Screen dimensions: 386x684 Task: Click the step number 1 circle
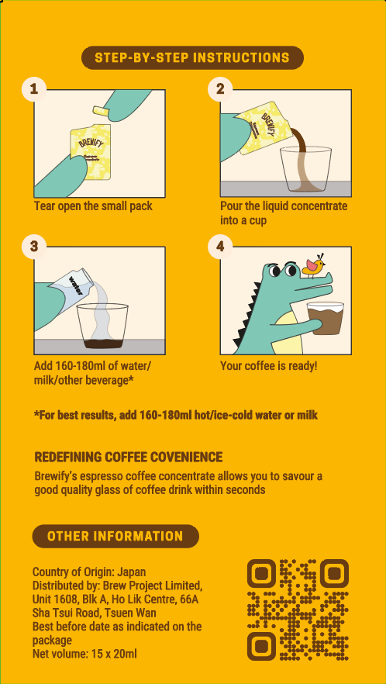34,89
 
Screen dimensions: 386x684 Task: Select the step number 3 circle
34,247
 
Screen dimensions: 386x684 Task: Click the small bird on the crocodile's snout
314,264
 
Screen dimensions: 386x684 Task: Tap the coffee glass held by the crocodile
326,319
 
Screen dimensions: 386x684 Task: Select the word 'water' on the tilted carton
75,285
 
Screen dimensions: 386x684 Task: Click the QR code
298,610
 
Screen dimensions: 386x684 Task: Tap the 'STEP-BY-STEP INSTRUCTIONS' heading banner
192,57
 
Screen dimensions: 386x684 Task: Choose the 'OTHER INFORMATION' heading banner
115,536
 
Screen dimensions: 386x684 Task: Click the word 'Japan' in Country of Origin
132,572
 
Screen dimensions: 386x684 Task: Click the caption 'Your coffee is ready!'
269,365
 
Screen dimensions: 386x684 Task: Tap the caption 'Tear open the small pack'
93,206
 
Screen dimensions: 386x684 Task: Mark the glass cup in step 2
305,170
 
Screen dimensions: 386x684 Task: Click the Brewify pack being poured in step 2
259,127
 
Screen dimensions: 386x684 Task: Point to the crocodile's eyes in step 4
283,270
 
